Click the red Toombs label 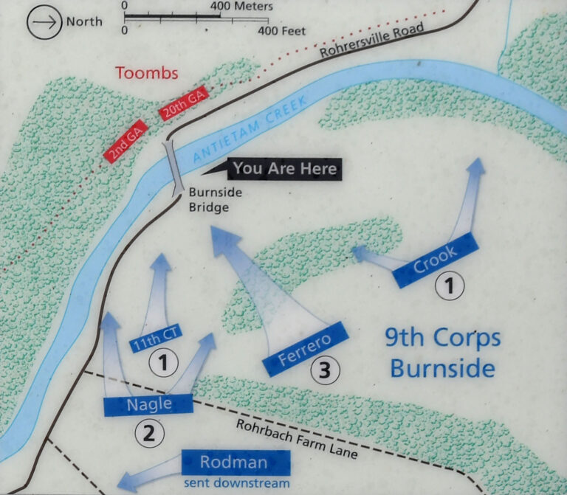point(147,73)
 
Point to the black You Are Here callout point(284,169)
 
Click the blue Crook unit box point(433,260)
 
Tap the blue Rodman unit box point(235,463)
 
